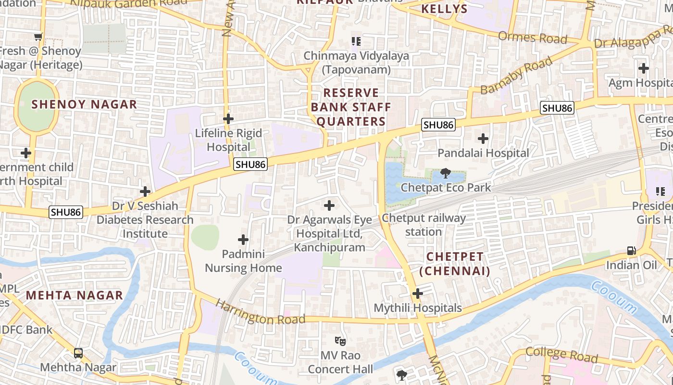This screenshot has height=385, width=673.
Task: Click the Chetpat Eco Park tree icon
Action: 446,173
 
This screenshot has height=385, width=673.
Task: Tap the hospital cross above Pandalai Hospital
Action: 483,139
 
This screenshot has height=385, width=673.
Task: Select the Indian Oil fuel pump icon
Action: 631,251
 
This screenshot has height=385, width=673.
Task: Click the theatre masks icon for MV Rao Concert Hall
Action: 340,341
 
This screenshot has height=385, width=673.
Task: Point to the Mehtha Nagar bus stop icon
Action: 78,353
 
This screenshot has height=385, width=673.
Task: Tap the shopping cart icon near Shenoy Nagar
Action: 38,37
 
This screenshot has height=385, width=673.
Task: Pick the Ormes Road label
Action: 533,38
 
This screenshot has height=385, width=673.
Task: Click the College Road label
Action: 561,355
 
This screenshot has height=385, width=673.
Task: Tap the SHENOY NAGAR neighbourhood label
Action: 84,104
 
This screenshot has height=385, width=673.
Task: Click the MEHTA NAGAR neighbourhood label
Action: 75,295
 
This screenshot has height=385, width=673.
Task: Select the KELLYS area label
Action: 444,9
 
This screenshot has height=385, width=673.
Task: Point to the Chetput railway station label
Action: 424,225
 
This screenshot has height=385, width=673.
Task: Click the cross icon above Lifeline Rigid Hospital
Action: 228,119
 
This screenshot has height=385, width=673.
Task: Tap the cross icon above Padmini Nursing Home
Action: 244,240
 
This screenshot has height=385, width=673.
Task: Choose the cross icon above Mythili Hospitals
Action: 418,294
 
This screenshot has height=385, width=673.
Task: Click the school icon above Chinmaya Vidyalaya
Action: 356,41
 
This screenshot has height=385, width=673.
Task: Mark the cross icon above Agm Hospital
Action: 644,68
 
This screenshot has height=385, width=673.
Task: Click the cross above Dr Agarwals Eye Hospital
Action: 329,206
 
